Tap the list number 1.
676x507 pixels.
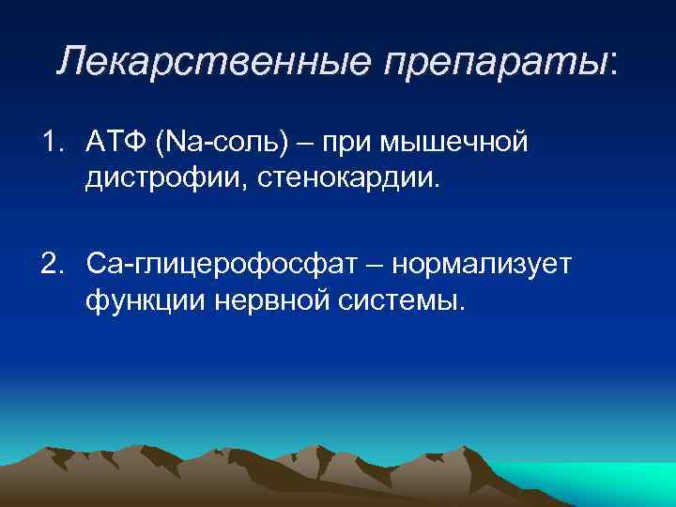coord(50,143)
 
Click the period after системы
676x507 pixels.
coord(461,310)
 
